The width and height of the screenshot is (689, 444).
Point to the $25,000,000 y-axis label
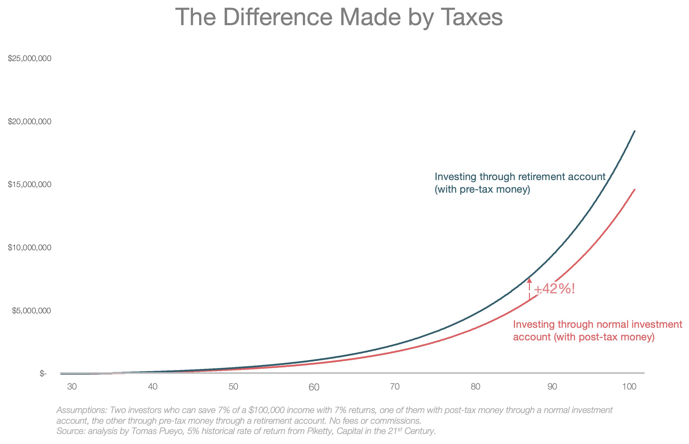click(x=30, y=58)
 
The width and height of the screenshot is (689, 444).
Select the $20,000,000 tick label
click(x=30, y=122)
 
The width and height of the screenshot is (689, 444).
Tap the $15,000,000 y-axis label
click(x=30, y=184)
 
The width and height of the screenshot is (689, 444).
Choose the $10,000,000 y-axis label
click(x=30, y=248)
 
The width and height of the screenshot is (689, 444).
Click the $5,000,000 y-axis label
click(x=32, y=311)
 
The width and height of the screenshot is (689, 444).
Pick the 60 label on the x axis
click(x=314, y=387)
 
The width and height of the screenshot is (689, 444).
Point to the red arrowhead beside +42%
click(x=529, y=280)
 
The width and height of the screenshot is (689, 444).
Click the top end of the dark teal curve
click(x=635, y=131)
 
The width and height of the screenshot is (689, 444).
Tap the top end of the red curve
click(x=635, y=190)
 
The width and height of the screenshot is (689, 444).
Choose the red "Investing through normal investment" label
click(x=597, y=324)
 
